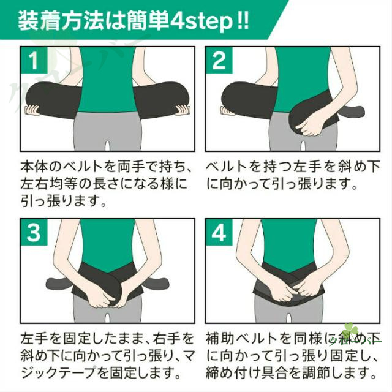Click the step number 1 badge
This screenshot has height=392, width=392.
34,60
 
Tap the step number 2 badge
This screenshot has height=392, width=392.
219,60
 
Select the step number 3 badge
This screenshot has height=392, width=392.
34,232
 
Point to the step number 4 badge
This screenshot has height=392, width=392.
219,232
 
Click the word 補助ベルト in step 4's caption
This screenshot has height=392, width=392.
241,338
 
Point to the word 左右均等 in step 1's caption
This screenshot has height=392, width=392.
49,184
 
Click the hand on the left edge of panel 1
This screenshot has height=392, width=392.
32,110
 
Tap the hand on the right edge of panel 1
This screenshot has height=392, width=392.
183,110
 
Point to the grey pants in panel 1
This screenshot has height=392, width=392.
108,131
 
